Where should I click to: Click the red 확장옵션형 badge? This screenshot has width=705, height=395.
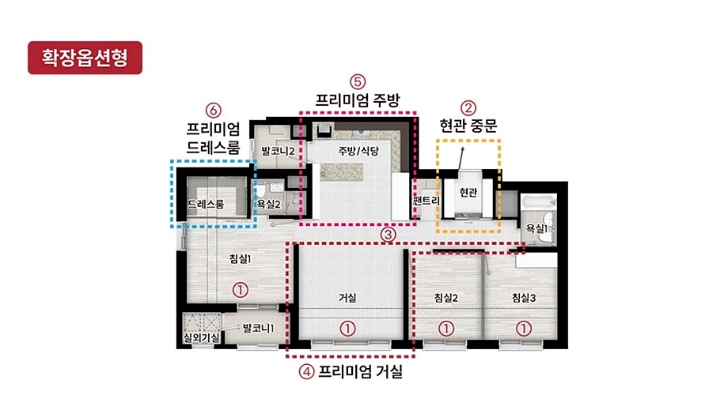[x=85, y=58]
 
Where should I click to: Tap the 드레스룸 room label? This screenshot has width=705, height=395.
[x=206, y=205]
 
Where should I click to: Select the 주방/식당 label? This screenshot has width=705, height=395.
[x=358, y=151]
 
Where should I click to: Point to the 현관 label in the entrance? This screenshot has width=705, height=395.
[x=468, y=192]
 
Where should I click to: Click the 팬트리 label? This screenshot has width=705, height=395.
[x=426, y=200]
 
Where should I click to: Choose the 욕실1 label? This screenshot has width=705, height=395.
[x=536, y=228]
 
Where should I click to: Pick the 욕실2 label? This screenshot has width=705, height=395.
[x=269, y=205]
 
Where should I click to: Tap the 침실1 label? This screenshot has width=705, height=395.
[x=240, y=258]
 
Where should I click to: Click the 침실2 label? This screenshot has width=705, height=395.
[x=446, y=298]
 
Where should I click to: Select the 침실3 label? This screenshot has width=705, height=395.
[x=524, y=298]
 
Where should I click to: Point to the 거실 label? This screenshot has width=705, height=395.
[x=347, y=298]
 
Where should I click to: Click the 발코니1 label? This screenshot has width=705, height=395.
[x=258, y=328]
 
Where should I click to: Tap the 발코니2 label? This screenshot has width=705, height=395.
[x=278, y=151]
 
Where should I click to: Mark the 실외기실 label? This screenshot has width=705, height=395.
[x=201, y=337]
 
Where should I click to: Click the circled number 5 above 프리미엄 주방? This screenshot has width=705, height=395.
[x=358, y=81]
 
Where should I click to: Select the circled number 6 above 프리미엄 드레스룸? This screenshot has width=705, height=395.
[x=213, y=111]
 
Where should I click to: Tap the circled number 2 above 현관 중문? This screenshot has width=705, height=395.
[x=468, y=107]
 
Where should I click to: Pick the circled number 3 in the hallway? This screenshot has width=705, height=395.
[x=388, y=235]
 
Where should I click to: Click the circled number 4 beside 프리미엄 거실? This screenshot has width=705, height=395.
[x=306, y=371]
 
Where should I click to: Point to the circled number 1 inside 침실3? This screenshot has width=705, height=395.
[x=523, y=329]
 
